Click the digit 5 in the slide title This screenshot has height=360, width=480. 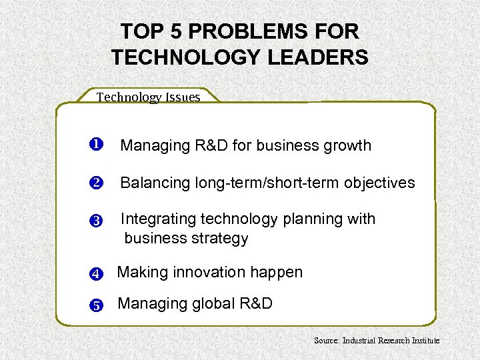click(x=173, y=31)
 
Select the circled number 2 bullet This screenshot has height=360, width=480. click(x=95, y=183)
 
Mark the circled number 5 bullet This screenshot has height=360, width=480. click(x=95, y=306)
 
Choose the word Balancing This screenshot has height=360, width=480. click(x=155, y=183)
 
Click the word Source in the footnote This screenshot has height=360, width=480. click(x=327, y=340)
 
